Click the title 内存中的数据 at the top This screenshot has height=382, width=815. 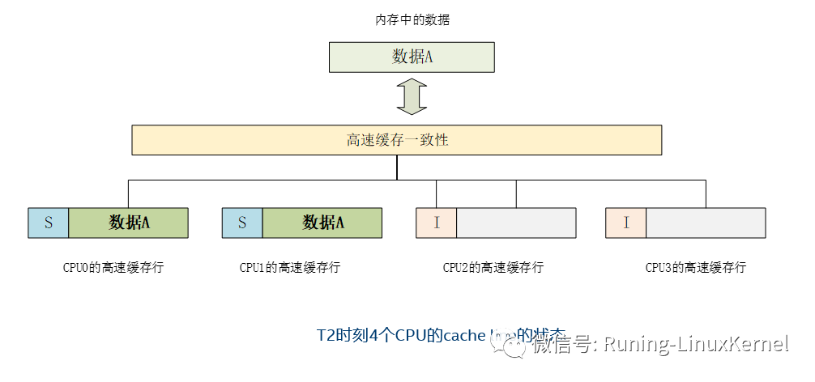click(412, 20)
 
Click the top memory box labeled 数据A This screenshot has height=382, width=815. click(412, 57)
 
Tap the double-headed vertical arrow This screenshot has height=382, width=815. click(412, 96)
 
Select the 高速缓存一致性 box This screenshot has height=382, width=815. click(397, 140)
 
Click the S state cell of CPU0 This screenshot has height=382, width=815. click(49, 223)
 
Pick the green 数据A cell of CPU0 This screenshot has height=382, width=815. click(129, 223)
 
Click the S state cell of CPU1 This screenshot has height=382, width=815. click(242, 223)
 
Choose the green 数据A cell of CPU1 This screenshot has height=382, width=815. click(322, 223)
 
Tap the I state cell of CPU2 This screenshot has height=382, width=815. click(437, 223)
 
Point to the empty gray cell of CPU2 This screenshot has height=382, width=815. click(516, 223)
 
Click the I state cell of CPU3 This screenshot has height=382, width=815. click(626, 223)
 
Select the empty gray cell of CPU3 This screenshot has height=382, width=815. click(706, 223)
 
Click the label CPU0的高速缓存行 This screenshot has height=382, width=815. click(113, 267)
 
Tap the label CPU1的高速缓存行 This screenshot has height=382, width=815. click(290, 267)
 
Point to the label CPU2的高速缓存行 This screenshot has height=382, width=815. click(493, 267)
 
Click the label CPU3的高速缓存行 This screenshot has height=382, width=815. click(696, 267)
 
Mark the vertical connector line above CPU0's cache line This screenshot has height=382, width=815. click(128, 193)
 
